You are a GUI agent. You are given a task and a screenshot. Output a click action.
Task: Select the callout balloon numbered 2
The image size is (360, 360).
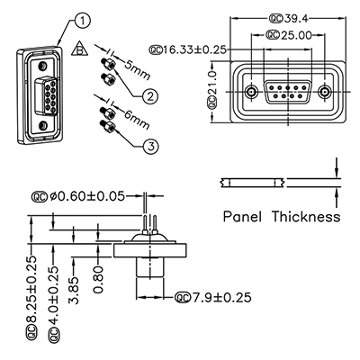click(150, 95)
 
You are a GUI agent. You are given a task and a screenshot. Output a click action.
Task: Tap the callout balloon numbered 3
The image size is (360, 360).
click(150, 146)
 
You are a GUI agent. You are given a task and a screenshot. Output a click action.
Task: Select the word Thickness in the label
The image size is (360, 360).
click(307, 217)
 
